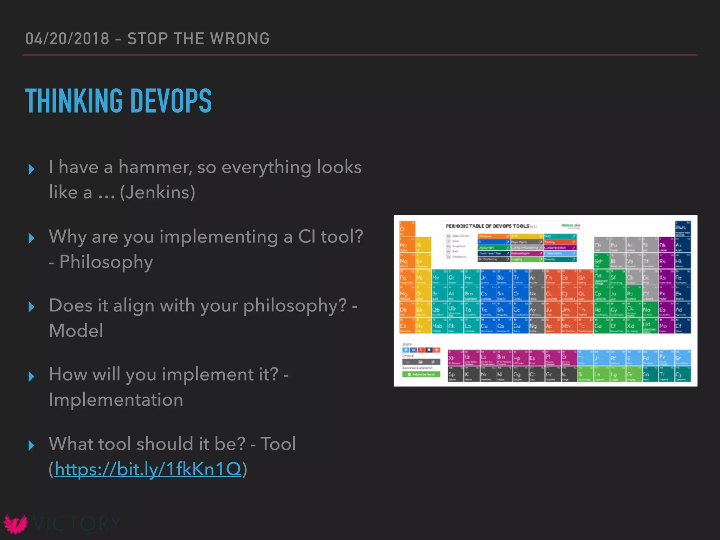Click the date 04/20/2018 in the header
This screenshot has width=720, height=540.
tap(67, 39)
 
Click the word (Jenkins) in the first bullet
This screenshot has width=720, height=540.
tap(157, 192)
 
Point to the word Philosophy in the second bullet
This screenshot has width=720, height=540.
tap(106, 262)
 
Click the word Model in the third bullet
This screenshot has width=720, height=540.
tap(76, 331)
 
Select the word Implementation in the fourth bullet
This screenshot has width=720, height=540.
tap(116, 400)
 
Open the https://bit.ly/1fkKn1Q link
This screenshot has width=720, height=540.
tap(148, 469)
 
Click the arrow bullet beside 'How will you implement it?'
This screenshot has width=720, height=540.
tap(31, 377)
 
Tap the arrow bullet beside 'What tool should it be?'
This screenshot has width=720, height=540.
tap(31, 445)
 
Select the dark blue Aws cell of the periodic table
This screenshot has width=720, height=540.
tap(682, 229)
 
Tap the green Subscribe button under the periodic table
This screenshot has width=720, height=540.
tap(421, 374)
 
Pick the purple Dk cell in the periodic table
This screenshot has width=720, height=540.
tap(666, 245)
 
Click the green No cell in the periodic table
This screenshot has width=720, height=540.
tap(649, 310)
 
